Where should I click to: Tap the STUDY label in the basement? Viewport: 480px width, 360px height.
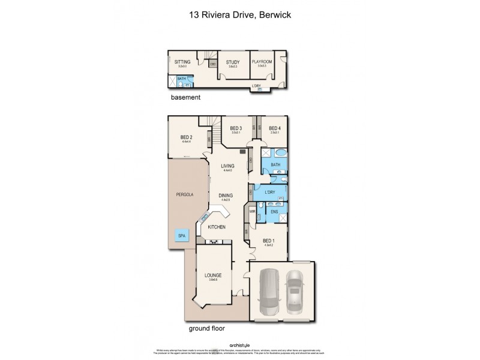click(x=232, y=62)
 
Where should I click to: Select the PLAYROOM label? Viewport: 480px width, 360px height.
click(x=262, y=62)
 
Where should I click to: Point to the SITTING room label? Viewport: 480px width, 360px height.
click(x=182, y=62)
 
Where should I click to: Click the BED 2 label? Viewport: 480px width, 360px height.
click(x=186, y=137)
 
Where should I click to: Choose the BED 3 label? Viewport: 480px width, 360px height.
click(x=236, y=128)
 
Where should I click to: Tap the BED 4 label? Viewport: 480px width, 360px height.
click(x=274, y=128)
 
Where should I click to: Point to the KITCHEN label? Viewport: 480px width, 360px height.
click(x=216, y=227)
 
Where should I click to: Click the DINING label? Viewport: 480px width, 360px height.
click(x=226, y=196)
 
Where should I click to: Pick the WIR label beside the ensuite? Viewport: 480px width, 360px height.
click(x=252, y=211)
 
